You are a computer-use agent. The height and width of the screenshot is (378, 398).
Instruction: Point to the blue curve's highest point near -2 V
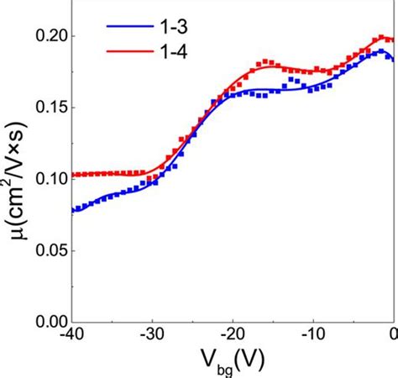380,52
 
